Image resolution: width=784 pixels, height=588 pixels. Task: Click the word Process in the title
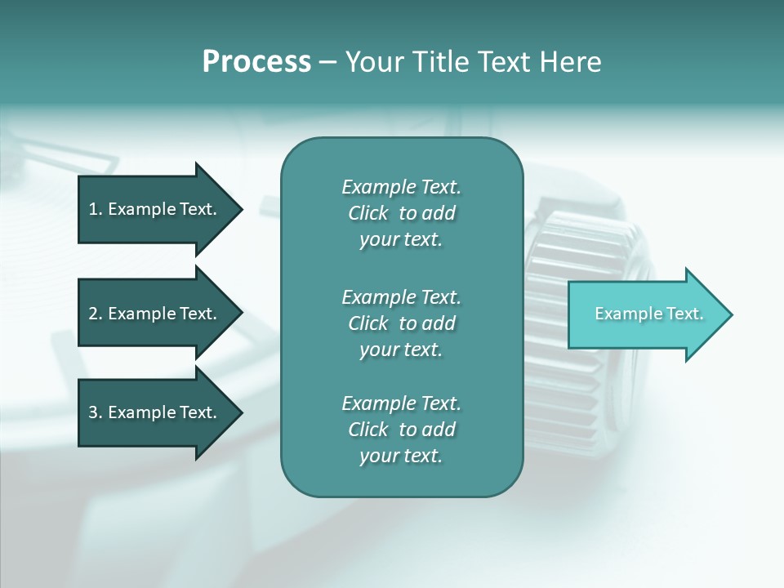(256, 62)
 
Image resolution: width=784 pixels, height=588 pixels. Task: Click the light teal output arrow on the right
(645, 314)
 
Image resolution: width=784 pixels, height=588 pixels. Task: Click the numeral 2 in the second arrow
(93, 314)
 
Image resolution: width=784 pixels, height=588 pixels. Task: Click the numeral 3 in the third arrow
(93, 412)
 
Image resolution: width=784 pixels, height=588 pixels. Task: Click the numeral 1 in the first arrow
(93, 209)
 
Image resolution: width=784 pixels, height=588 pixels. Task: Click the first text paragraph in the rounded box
(401, 213)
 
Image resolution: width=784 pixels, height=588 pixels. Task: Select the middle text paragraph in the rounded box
(401, 323)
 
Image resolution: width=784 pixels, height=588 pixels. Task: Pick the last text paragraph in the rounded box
(401, 430)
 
